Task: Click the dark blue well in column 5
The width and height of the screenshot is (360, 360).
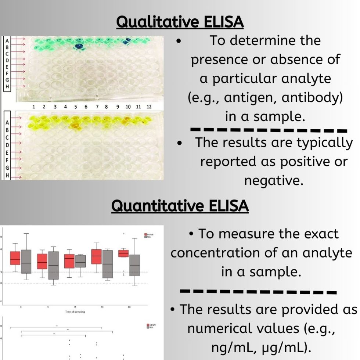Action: [x=78, y=46]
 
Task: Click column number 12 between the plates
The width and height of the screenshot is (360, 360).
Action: [x=149, y=107]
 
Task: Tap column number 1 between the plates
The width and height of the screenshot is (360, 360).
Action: [x=33, y=107]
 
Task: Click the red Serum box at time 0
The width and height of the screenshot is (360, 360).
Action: [x=15, y=258]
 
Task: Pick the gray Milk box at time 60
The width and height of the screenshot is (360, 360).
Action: [x=135, y=265]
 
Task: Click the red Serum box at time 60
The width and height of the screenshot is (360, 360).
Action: [x=123, y=253]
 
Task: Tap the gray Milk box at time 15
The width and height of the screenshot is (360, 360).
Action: [x=80, y=261]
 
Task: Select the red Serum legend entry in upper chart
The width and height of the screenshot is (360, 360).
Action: [x=146, y=234]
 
